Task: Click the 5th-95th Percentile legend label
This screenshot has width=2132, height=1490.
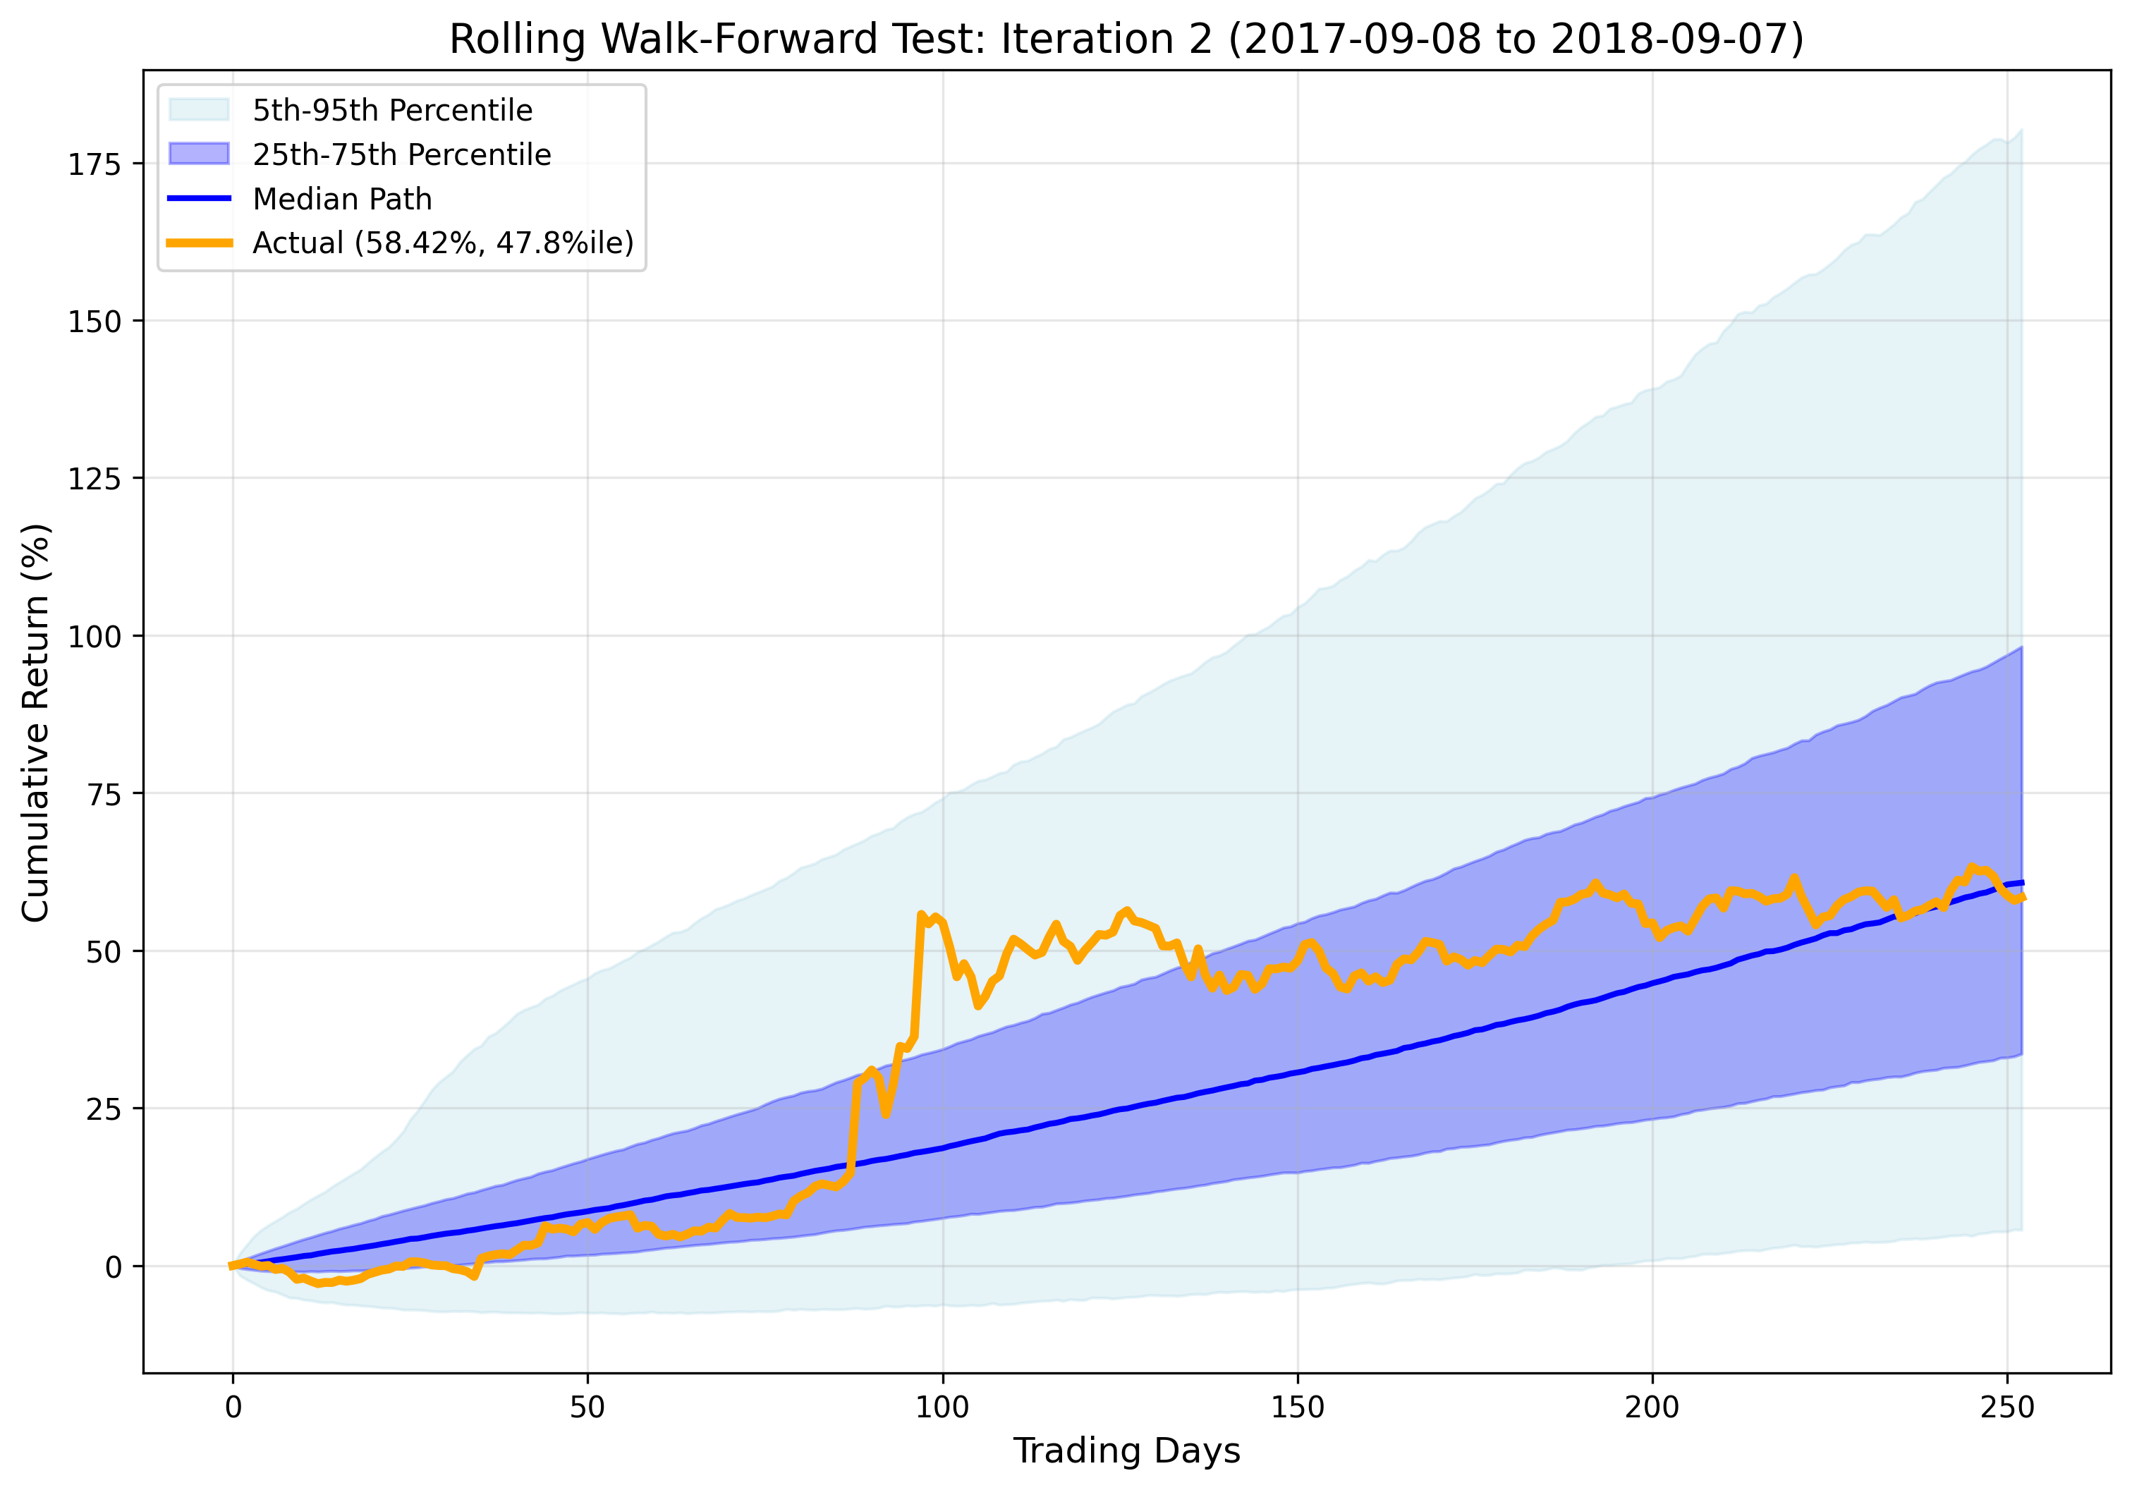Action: point(393,111)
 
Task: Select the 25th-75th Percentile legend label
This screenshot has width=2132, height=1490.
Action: point(402,154)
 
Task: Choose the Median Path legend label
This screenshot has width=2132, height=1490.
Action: point(343,199)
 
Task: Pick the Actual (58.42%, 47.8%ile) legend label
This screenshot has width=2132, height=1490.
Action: point(443,243)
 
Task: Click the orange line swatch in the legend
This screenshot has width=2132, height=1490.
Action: point(199,243)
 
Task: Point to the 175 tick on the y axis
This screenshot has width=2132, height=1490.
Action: point(95,164)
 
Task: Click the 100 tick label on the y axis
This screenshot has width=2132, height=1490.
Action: point(95,637)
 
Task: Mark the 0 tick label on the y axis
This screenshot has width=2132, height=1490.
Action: point(114,1267)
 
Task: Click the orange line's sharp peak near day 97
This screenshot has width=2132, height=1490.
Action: point(920,915)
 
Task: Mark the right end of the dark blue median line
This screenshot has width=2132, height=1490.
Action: point(2021,882)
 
